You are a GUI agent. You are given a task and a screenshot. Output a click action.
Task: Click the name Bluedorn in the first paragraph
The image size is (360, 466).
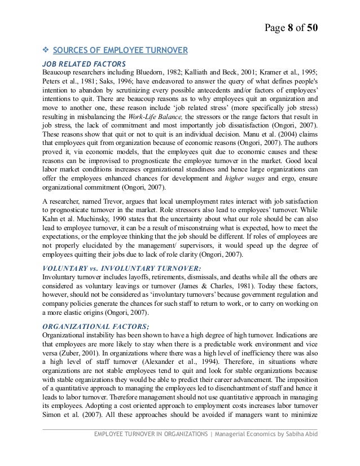click(150, 73)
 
